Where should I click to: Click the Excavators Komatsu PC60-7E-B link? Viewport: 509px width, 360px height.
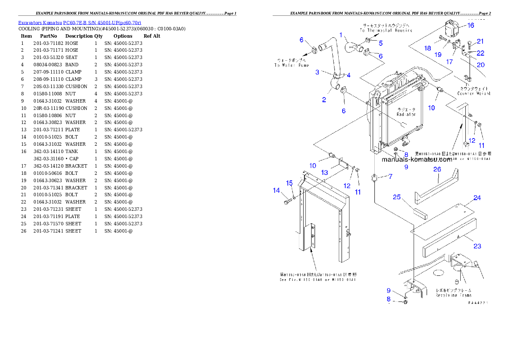(x=80, y=22)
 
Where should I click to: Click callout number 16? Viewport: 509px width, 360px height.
(x=471, y=25)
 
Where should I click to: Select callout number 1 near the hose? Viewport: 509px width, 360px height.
(x=341, y=34)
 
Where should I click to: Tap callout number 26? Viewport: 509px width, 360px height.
(x=437, y=169)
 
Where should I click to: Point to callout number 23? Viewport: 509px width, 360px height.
(x=477, y=246)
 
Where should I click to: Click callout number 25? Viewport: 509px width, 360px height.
(x=397, y=197)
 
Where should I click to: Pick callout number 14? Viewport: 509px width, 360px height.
(x=276, y=191)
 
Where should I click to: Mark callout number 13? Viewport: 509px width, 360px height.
(x=325, y=172)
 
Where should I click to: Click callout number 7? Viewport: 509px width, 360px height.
(x=390, y=176)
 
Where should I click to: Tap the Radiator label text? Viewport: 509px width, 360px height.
(x=406, y=112)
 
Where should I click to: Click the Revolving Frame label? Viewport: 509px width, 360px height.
(x=453, y=293)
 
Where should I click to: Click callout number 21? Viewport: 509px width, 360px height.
(x=480, y=41)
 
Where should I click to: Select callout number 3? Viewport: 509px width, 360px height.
(x=317, y=72)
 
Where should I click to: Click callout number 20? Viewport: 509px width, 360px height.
(x=480, y=65)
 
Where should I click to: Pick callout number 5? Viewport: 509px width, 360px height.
(x=380, y=43)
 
